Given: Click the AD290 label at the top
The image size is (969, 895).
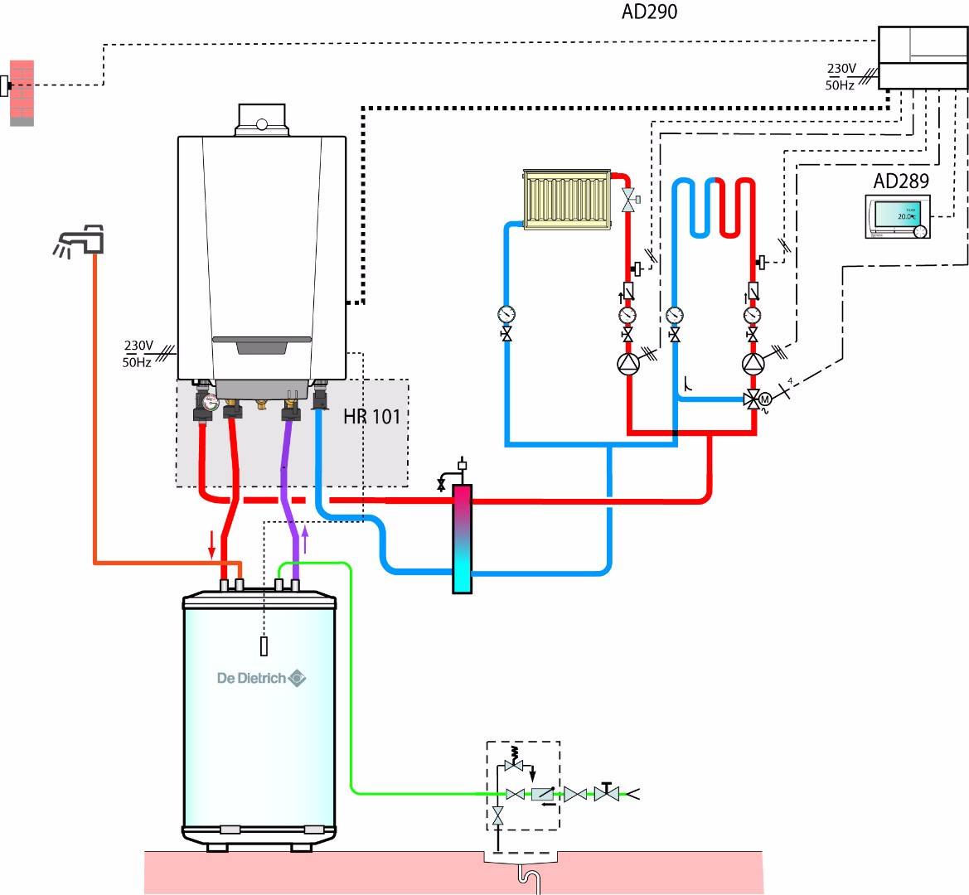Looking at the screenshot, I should (649, 12).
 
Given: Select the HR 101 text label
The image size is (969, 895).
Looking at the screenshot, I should (371, 415).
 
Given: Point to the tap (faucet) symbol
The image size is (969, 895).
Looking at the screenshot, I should (80, 238).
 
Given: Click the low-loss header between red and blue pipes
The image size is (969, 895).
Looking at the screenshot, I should (462, 539).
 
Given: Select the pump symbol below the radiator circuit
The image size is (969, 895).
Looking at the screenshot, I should (627, 363).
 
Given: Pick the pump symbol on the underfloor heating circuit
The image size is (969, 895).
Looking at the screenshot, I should (753, 363).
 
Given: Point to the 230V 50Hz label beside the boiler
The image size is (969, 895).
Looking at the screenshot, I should (138, 353).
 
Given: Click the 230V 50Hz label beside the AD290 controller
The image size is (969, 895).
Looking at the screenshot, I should (841, 76).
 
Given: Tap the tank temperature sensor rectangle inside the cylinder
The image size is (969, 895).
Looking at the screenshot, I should (264, 645).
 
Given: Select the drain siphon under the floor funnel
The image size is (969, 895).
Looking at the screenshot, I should (522, 877).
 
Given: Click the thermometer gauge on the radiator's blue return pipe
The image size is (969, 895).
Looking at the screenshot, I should (505, 314).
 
